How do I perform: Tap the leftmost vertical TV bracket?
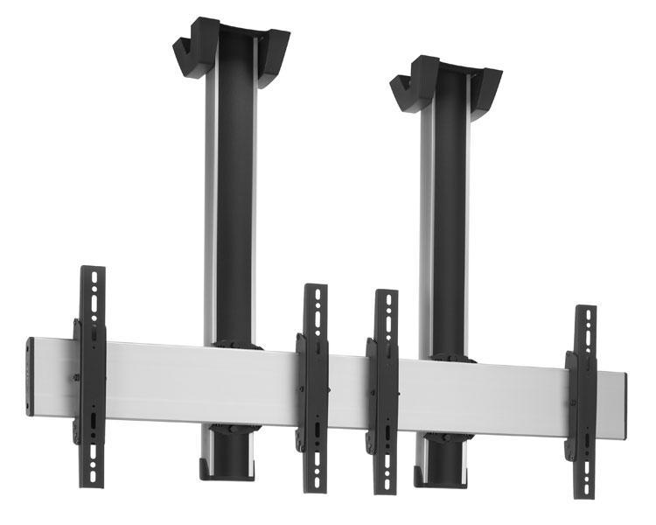tap(91, 376)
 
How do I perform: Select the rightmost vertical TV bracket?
tap(583, 402)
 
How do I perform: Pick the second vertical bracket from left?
tap(314, 385)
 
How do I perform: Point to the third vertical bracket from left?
tap(385, 389)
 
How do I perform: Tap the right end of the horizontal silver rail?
tap(624, 405)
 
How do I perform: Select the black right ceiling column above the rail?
tap(451, 219)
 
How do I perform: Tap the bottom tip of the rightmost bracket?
tap(584, 494)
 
